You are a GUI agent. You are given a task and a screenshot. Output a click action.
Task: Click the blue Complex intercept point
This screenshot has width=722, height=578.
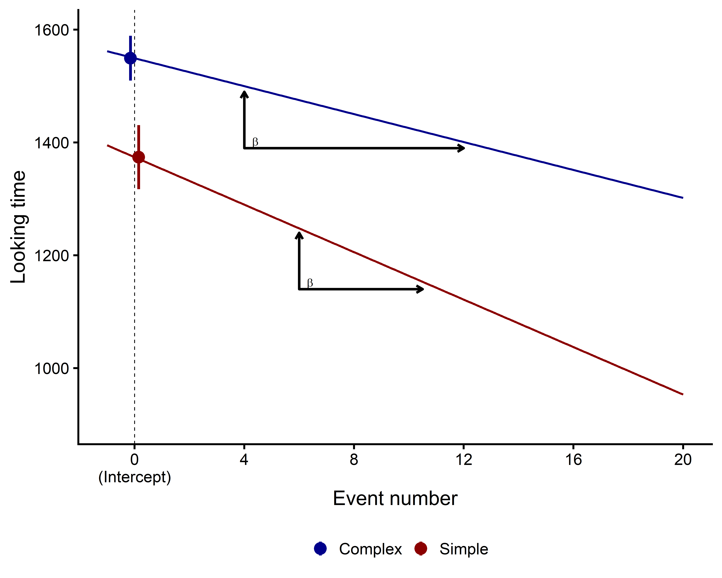pyautogui.click(x=130, y=58)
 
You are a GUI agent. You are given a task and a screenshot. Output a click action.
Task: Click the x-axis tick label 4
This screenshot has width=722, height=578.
pyautogui.click(x=244, y=460)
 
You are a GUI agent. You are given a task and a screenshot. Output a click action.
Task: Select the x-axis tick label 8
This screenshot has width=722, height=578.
pyautogui.click(x=354, y=460)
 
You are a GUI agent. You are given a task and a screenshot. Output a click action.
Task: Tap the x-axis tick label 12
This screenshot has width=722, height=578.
pyautogui.click(x=464, y=460)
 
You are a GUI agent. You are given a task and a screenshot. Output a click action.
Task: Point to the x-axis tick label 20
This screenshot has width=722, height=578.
pyautogui.click(x=683, y=460)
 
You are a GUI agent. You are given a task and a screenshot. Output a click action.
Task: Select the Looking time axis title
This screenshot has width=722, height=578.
pyautogui.click(x=18, y=227)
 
